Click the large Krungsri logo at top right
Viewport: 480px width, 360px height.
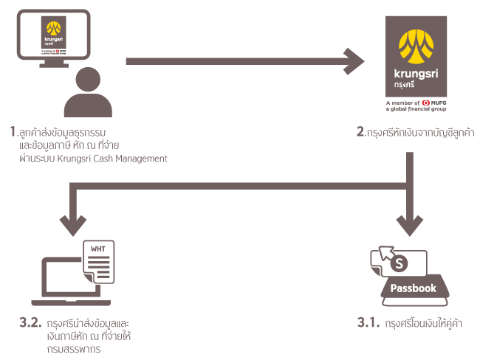click(416, 63)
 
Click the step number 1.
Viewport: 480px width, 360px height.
click(14, 133)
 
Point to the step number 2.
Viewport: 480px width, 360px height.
click(361, 133)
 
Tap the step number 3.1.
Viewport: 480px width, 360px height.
click(368, 323)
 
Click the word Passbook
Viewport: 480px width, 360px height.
click(414, 288)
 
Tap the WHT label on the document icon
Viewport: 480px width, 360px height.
click(98, 248)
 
